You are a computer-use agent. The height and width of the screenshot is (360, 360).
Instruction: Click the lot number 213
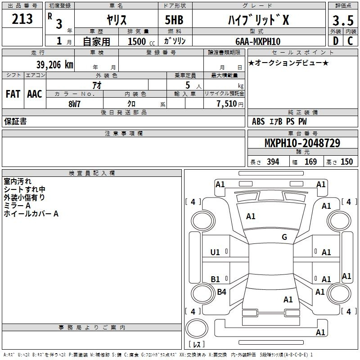[22, 19]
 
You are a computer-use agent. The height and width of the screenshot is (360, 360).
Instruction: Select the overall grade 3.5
[343, 20]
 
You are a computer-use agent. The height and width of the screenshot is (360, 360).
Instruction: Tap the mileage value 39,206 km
[55, 64]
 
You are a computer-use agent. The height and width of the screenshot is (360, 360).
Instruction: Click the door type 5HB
[174, 20]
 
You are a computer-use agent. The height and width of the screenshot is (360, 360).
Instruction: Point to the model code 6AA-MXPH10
[258, 41]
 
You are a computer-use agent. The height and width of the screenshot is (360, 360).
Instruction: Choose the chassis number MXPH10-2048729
[302, 143]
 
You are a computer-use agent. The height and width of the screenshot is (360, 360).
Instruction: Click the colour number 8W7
[74, 104]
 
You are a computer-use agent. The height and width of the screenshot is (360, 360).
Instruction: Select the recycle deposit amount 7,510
[227, 103]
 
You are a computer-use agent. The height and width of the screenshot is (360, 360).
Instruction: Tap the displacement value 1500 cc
[141, 41]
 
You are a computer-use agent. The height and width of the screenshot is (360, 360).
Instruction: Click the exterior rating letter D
[335, 41]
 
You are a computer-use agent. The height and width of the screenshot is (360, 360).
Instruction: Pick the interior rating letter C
[350, 41]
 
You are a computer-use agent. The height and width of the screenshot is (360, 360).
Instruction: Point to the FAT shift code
[13, 94]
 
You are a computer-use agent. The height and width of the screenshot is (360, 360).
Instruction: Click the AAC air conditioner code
[35, 94]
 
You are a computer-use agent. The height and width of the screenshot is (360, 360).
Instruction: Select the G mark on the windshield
[284, 237]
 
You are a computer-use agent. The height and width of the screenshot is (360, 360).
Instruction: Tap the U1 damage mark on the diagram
[215, 252]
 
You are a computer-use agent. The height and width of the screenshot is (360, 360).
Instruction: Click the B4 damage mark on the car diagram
[221, 292]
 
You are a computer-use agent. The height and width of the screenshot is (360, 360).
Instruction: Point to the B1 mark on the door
[216, 279]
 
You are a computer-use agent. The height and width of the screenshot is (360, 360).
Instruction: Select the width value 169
[310, 162]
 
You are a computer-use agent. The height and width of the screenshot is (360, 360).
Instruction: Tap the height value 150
[346, 162]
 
